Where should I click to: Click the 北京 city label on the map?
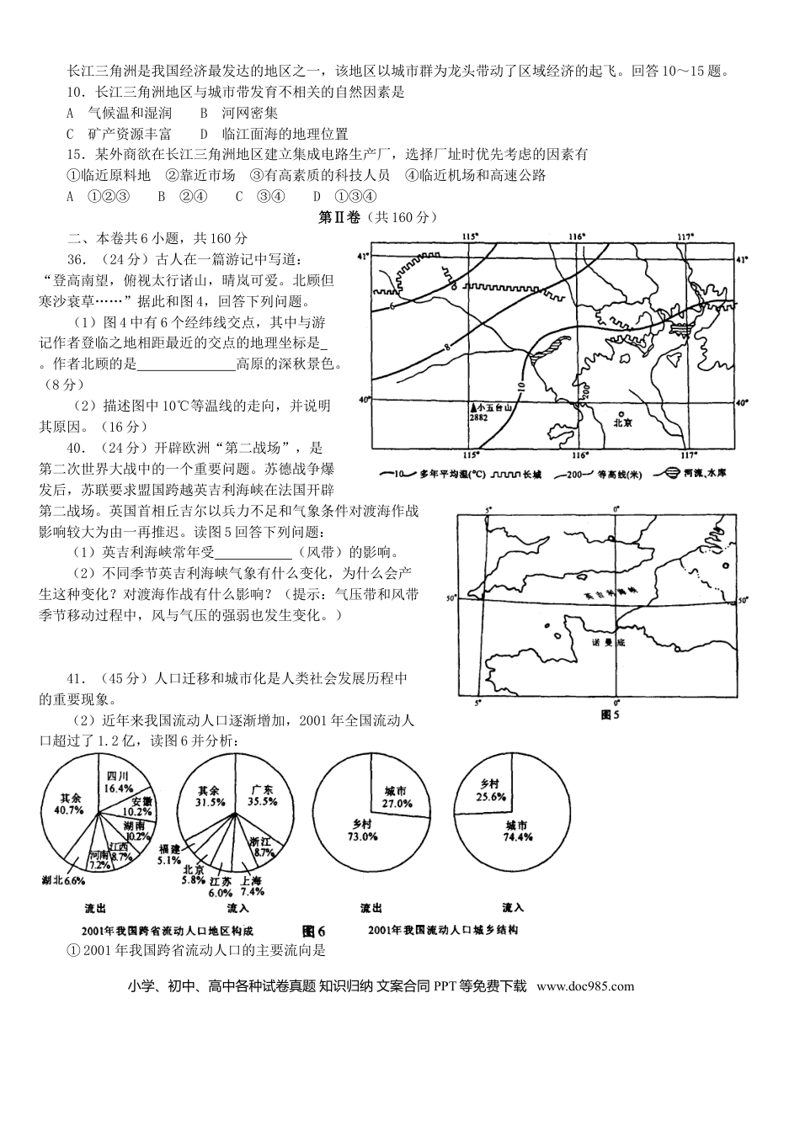point(622,423)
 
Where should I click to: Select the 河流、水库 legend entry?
point(697,474)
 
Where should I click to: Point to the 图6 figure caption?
point(312,931)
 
